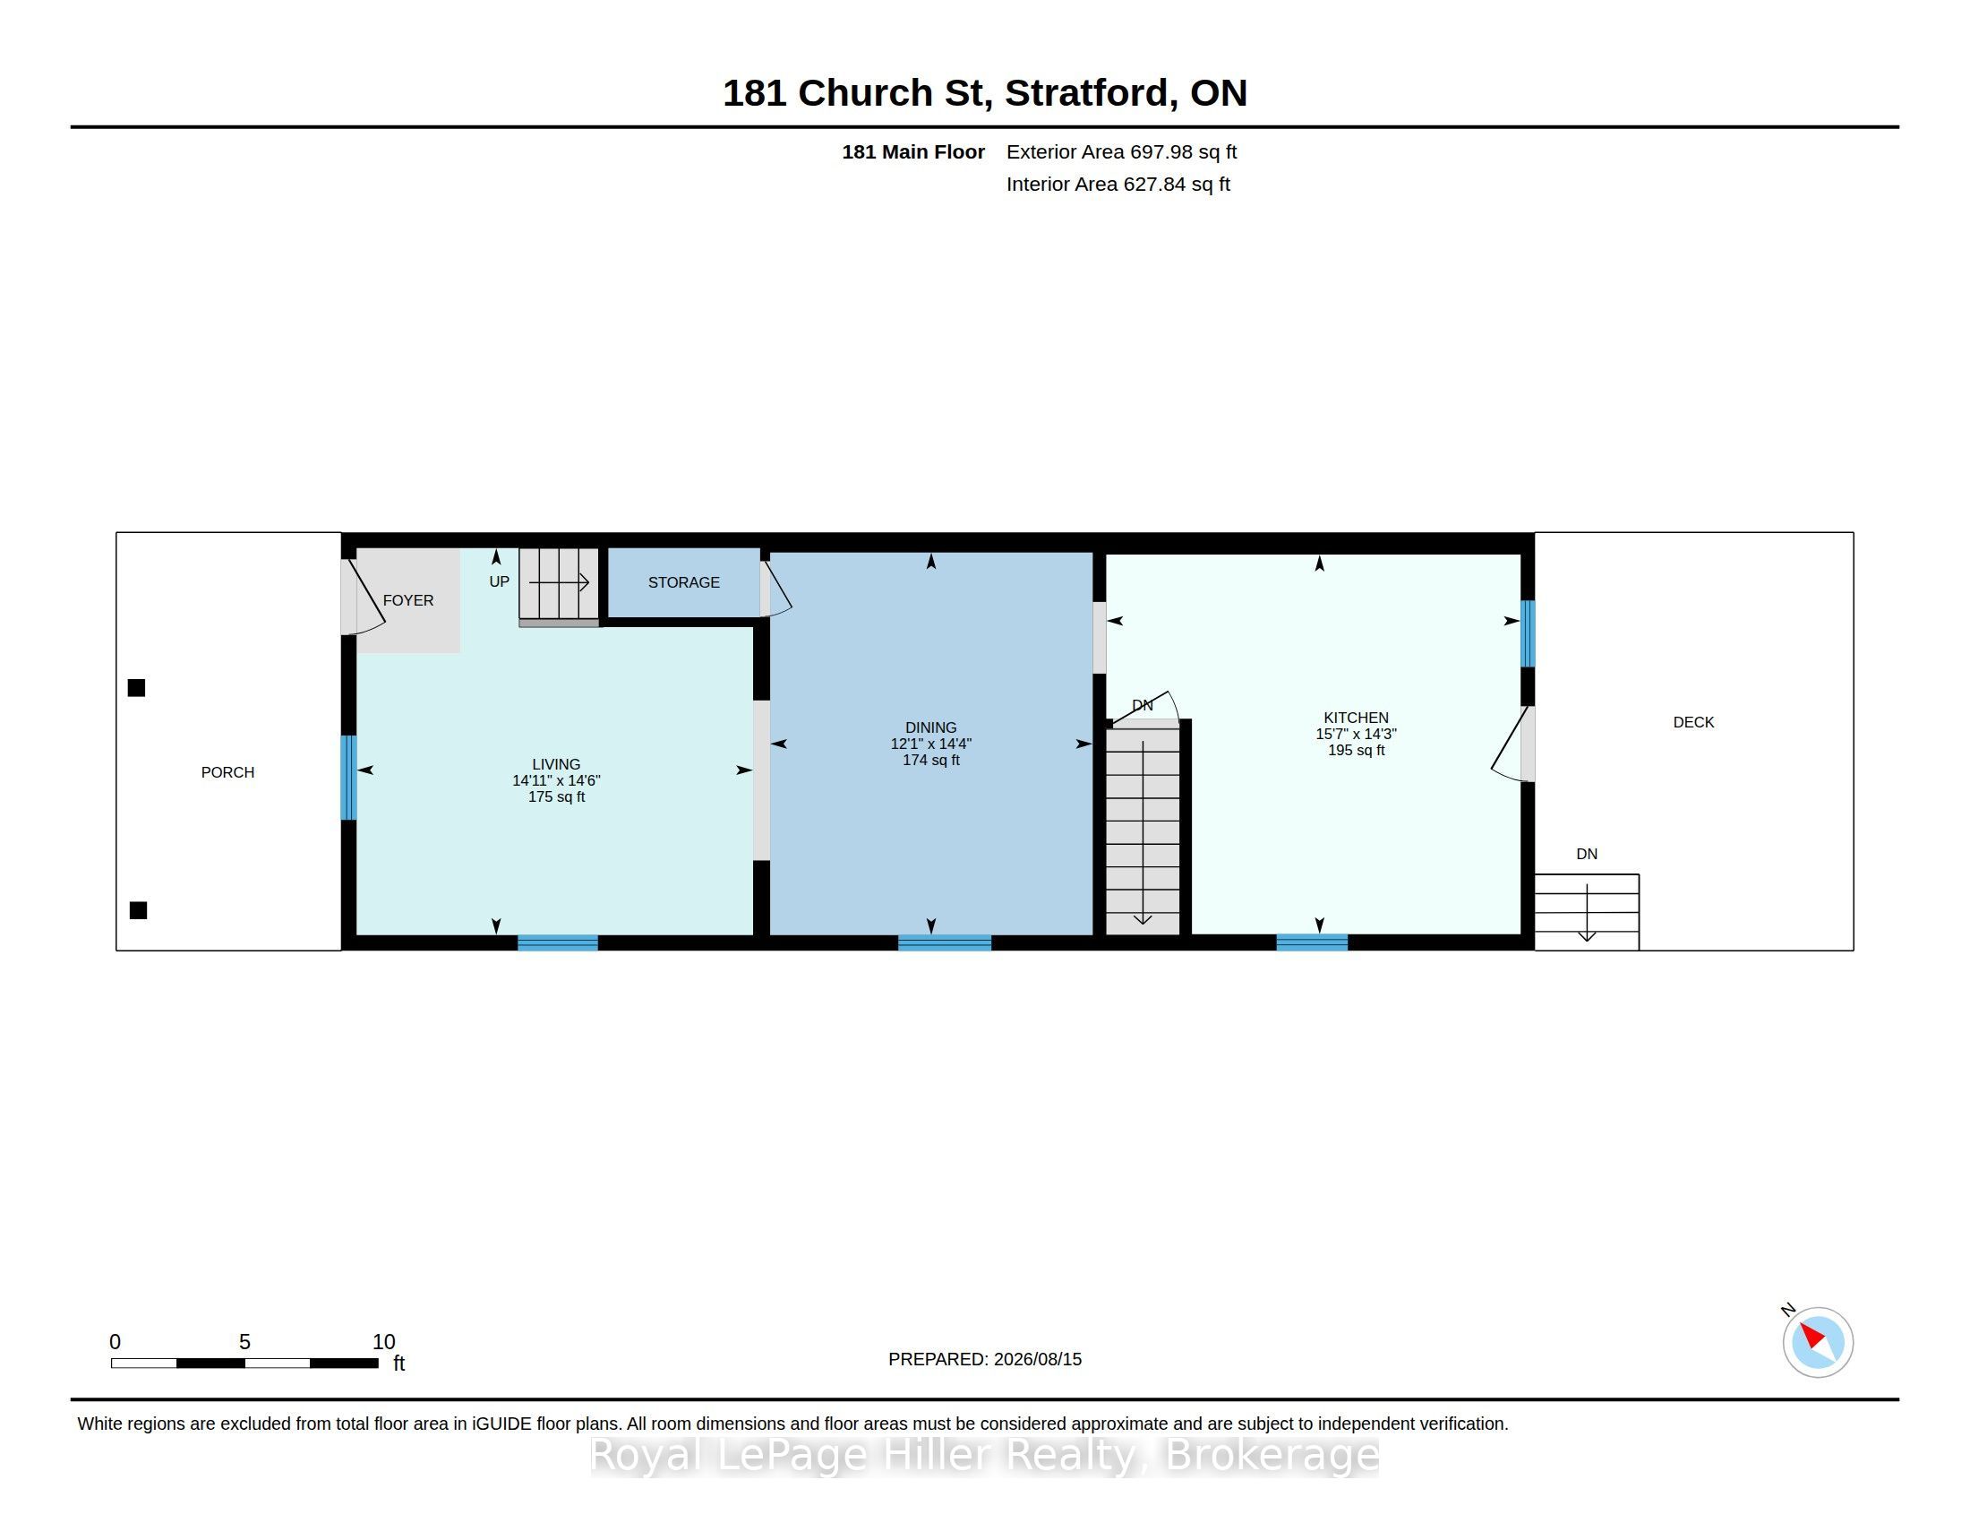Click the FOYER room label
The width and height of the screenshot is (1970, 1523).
click(x=407, y=600)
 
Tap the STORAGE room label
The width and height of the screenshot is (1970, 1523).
click(x=684, y=583)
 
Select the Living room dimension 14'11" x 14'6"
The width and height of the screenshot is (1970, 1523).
click(x=557, y=780)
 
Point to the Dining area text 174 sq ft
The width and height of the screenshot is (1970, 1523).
click(x=931, y=760)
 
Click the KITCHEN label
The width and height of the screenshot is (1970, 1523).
click(x=1356, y=718)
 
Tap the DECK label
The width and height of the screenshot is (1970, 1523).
click(x=1693, y=722)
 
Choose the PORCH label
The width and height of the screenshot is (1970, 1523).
click(x=227, y=772)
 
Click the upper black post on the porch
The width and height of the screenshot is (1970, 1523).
click(x=136, y=688)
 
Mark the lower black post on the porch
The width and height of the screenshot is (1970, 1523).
click(x=138, y=910)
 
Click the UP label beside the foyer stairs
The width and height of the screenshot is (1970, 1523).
click(x=499, y=582)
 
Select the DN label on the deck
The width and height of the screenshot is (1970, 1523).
click(x=1587, y=854)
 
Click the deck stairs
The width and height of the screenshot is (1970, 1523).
click(x=1587, y=912)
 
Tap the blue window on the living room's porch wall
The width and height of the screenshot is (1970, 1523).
click(x=348, y=778)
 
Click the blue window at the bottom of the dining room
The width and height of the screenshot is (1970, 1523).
click(x=945, y=942)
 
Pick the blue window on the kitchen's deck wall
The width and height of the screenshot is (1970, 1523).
click(x=1528, y=633)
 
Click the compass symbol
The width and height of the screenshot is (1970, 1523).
click(x=1818, y=1342)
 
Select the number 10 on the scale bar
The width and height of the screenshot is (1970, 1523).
click(x=383, y=1342)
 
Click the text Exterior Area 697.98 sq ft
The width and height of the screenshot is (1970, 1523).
click(x=1121, y=151)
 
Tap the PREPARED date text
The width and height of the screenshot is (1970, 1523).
click(x=985, y=1359)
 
